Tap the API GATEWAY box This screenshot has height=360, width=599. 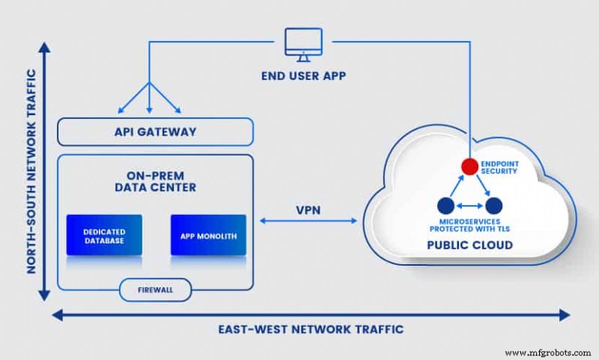156,132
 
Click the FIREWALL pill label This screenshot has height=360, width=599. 156,288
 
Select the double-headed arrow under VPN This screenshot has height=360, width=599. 308,221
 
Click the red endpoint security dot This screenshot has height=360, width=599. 469,165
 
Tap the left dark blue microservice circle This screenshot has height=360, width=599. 446,205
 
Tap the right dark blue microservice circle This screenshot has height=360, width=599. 493,205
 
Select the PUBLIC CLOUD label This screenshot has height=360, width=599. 470,245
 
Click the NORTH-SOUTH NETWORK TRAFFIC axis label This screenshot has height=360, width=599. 32,172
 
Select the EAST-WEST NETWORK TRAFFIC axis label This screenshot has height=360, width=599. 310,329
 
